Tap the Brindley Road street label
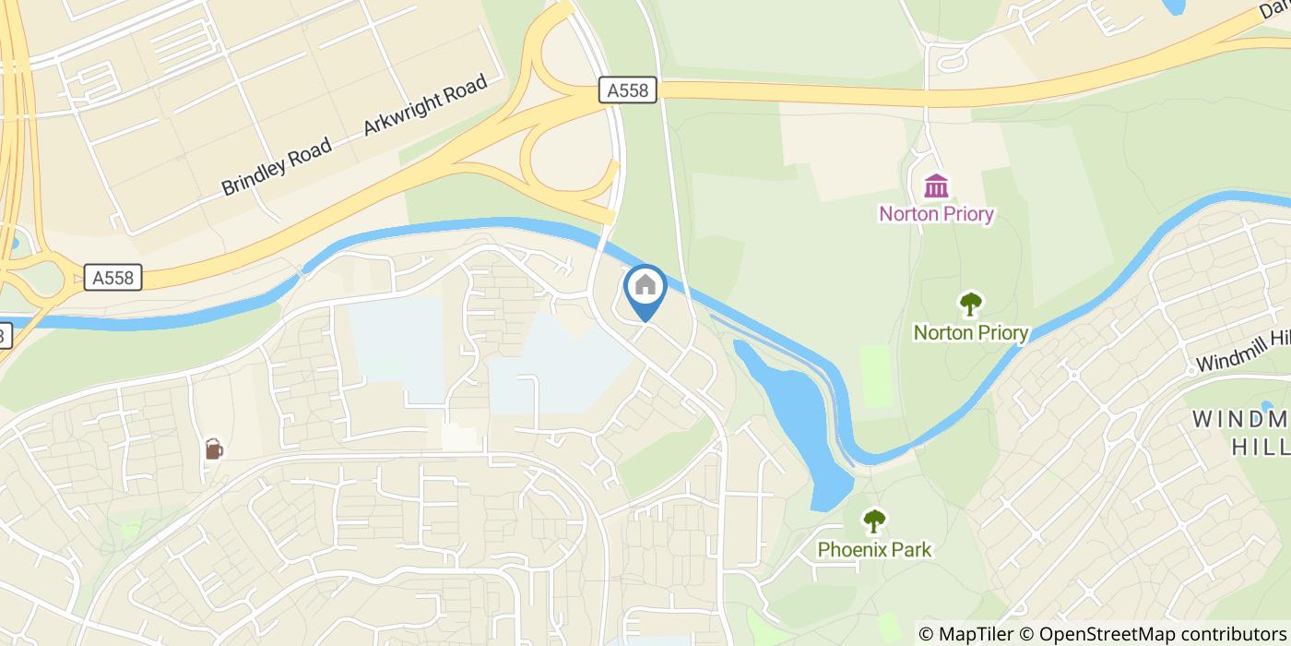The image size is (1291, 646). coord(276,166)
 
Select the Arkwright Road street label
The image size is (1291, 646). coord(424,105)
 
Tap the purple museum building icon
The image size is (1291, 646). coord(936,185)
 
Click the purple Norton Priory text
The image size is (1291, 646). coord(936,214)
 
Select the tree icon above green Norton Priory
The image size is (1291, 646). coord(970,303)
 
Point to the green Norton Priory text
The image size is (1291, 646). coord(970,332)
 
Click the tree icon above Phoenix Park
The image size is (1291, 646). coord(873,521)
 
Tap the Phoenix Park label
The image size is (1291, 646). coord(874,550)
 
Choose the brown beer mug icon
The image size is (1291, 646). coord(214,449)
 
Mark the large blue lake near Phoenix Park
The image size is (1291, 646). coord(799,406)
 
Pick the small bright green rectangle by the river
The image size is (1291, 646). coord(876,376)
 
